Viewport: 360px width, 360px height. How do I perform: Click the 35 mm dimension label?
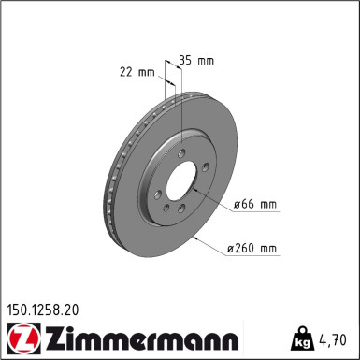tap(196, 60)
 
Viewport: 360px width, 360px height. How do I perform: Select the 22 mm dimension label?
tap(137, 72)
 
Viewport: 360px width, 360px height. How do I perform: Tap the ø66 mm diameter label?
tap(255, 205)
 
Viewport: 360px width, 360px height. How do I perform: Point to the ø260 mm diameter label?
tap(252, 249)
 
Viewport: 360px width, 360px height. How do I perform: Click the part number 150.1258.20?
tap(43, 310)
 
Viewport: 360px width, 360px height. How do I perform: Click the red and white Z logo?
tap(23, 338)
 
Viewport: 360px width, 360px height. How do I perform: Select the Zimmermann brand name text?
tap(142, 338)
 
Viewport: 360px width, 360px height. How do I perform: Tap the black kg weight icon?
tap(302, 338)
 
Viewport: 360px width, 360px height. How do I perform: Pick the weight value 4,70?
tap(333, 339)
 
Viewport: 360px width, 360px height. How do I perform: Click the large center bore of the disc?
tap(181, 181)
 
